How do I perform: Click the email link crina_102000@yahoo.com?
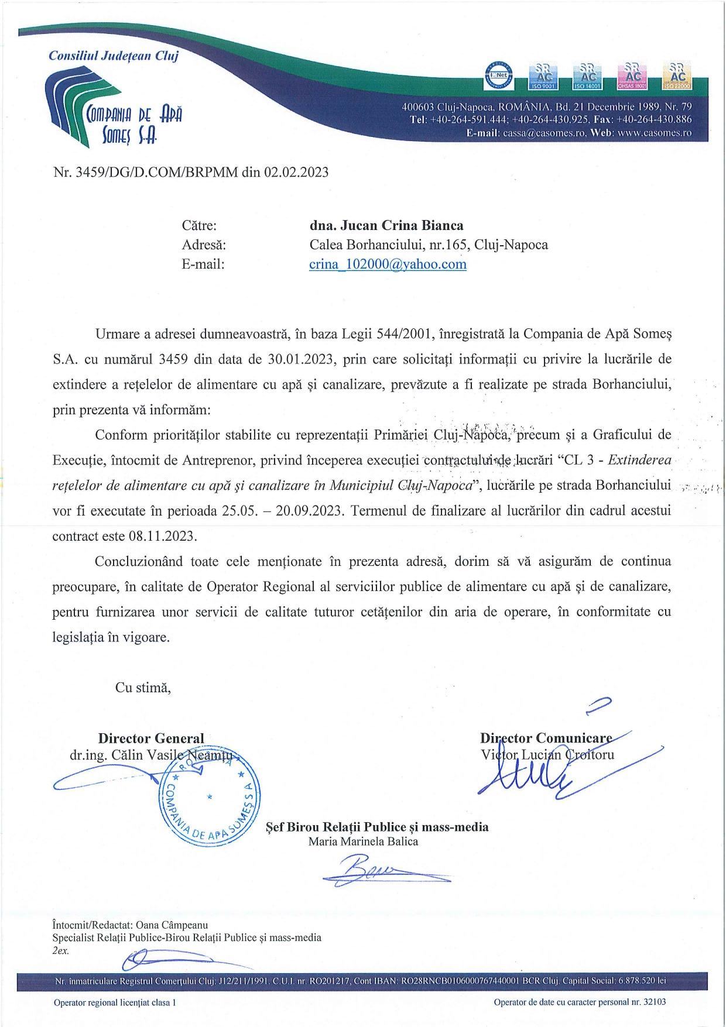click(x=388, y=264)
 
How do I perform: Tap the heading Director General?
click(x=151, y=739)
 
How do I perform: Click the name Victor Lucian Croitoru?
click(x=547, y=755)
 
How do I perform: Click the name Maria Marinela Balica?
click(x=363, y=841)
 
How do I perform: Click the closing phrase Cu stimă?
click(x=143, y=688)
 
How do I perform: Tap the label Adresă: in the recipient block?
click(x=204, y=245)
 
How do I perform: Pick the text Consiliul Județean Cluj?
click(x=114, y=56)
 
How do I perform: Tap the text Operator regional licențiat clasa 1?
click(x=115, y=1002)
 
